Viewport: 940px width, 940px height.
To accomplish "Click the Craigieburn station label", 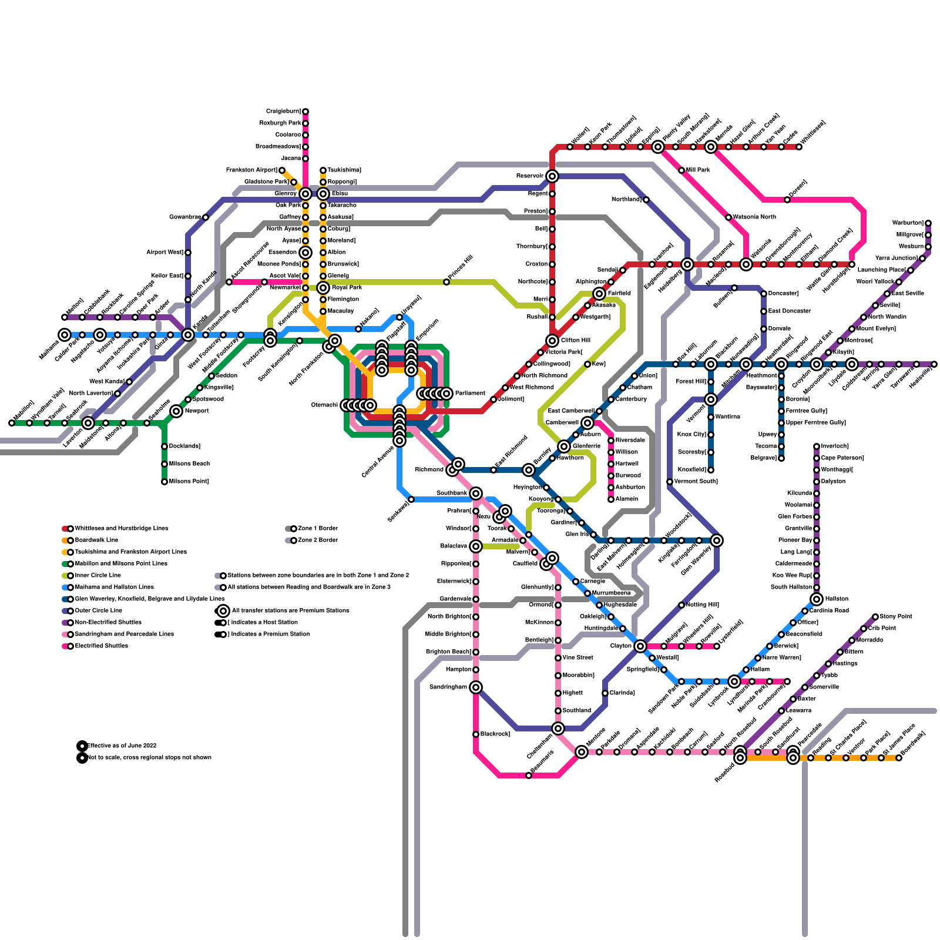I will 283,112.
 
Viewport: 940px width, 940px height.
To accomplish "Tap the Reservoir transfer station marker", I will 552,176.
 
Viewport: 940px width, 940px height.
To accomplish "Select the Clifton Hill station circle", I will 552,341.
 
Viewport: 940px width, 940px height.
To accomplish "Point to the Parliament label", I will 470,394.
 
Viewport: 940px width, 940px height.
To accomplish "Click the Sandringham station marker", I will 476,687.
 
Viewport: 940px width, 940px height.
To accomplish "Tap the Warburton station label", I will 908,223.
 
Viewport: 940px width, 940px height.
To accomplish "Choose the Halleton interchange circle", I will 817,599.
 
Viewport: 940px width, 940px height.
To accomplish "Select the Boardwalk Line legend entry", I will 96,540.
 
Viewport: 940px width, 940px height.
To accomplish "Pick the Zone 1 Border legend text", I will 318,529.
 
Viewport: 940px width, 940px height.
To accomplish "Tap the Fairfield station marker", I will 599,294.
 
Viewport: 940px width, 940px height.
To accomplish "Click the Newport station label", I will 196,411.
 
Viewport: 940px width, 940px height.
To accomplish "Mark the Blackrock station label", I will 495,734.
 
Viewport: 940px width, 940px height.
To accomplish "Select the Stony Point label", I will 895,617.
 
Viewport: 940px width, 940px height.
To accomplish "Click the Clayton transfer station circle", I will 640,646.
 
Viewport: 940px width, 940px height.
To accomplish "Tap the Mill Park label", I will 697,170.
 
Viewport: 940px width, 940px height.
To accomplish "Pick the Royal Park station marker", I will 323,288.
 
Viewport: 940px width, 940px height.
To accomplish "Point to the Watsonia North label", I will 754,217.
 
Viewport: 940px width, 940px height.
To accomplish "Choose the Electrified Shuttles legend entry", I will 101,646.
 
